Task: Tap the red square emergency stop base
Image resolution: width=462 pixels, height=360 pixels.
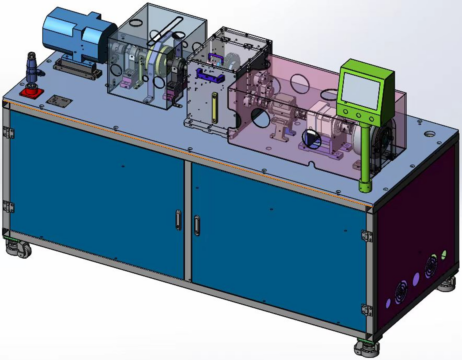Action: pos(32,93)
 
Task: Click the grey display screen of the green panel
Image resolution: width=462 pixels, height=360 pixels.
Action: pos(360,91)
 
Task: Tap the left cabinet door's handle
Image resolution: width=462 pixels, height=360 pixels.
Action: pos(178,220)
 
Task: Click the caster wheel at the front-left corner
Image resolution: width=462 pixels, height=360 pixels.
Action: pos(20,249)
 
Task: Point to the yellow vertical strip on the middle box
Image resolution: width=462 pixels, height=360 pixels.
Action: pos(214,108)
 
